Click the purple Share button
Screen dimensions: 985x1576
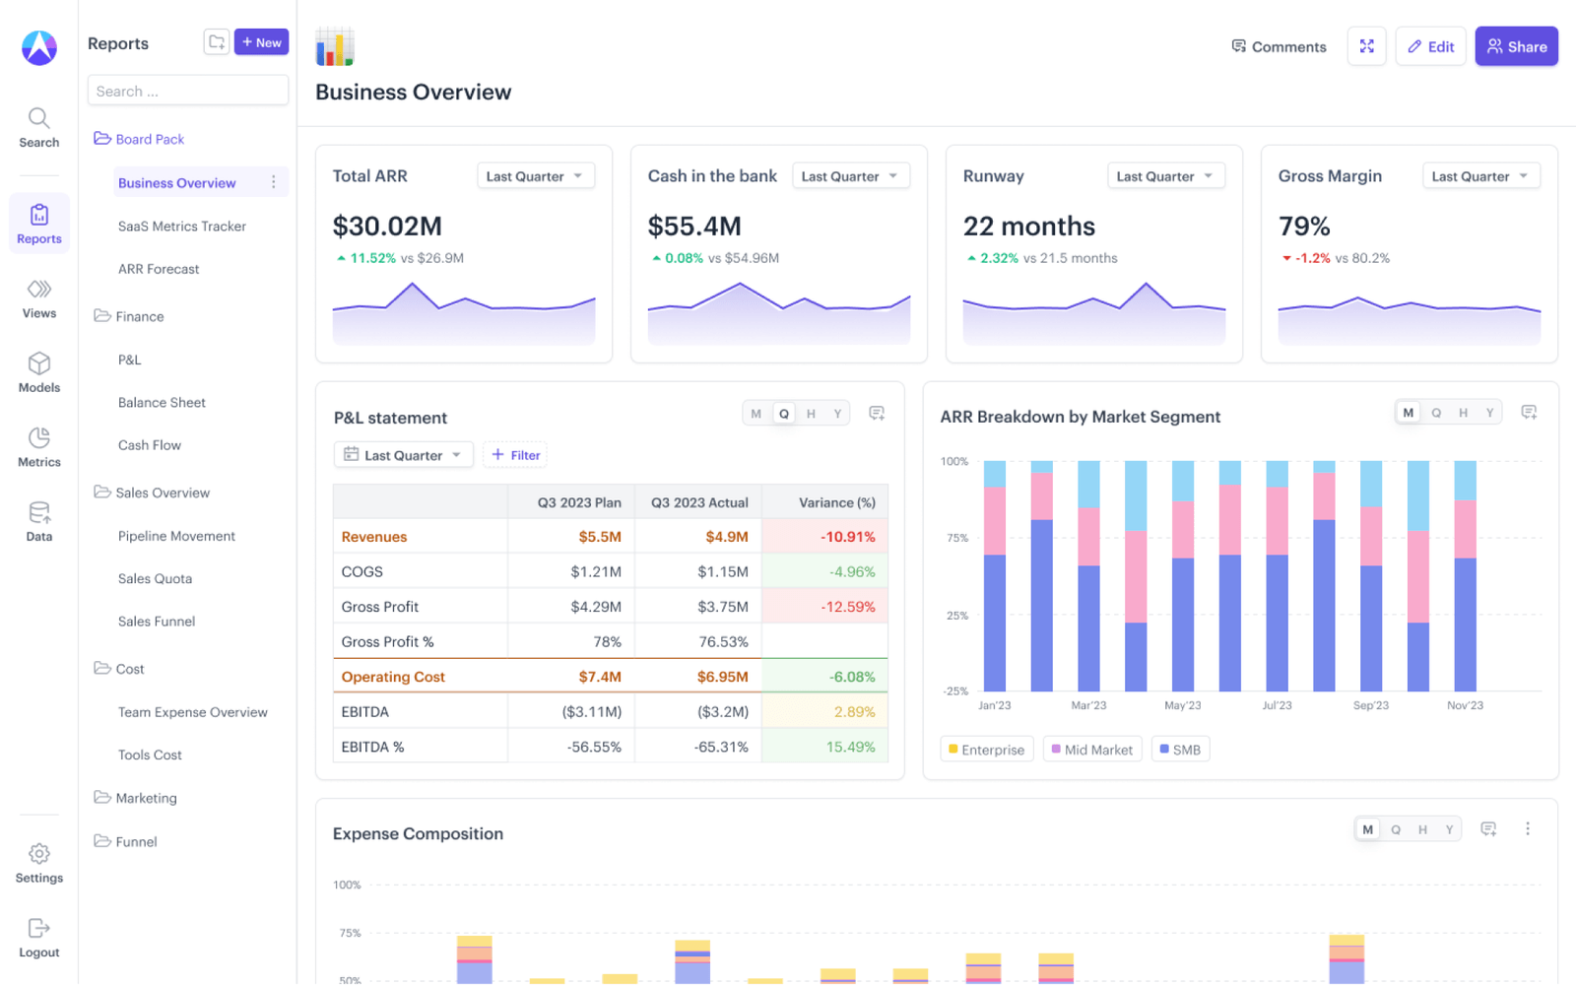(x=1516, y=46)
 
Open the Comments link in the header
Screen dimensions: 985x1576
(x=1279, y=46)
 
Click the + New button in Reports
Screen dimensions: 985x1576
(x=261, y=42)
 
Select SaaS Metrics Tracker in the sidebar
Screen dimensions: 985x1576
(x=181, y=226)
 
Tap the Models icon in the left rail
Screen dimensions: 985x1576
(x=39, y=372)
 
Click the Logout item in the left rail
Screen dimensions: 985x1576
(x=39, y=937)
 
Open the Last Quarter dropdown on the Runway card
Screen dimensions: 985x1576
(x=1165, y=176)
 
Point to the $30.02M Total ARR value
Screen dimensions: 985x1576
(x=387, y=227)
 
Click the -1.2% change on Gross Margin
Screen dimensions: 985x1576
(x=1311, y=258)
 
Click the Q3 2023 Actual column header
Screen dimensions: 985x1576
(x=699, y=502)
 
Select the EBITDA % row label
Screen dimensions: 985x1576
(x=372, y=747)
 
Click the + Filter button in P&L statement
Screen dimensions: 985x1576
(x=516, y=455)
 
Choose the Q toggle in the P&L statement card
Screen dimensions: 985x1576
(x=784, y=414)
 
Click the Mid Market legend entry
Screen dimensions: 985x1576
(x=1091, y=750)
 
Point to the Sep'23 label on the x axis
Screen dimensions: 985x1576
(x=1370, y=705)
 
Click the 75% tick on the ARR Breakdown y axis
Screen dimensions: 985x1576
(x=956, y=538)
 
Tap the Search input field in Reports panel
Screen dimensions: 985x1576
(x=187, y=91)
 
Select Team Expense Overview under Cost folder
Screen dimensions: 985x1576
(x=192, y=712)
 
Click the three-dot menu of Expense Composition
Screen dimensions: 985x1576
(x=1528, y=829)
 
